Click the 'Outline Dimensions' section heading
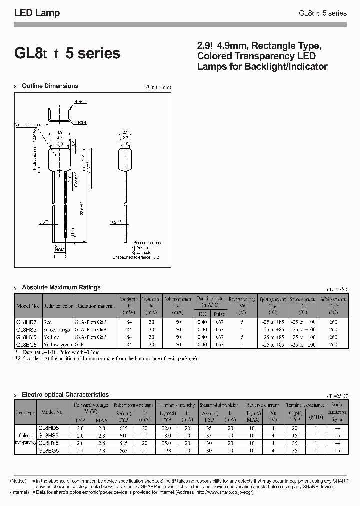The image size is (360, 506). [x=50, y=86]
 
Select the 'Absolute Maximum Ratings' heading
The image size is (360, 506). [x=61, y=287]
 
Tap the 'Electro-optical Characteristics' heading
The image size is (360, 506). [x=65, y=395]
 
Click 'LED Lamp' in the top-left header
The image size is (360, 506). [x=37, y=13]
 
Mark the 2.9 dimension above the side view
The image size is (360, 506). [x=125, y=133]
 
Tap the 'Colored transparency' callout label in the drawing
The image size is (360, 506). [x=31, y=125]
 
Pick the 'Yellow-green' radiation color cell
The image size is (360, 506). [x=58, y=345]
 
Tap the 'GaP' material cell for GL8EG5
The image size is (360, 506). [x=79, y=345]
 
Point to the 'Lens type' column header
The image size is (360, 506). [x=25, y=412]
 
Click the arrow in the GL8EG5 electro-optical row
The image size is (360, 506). [x=337, y=450]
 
